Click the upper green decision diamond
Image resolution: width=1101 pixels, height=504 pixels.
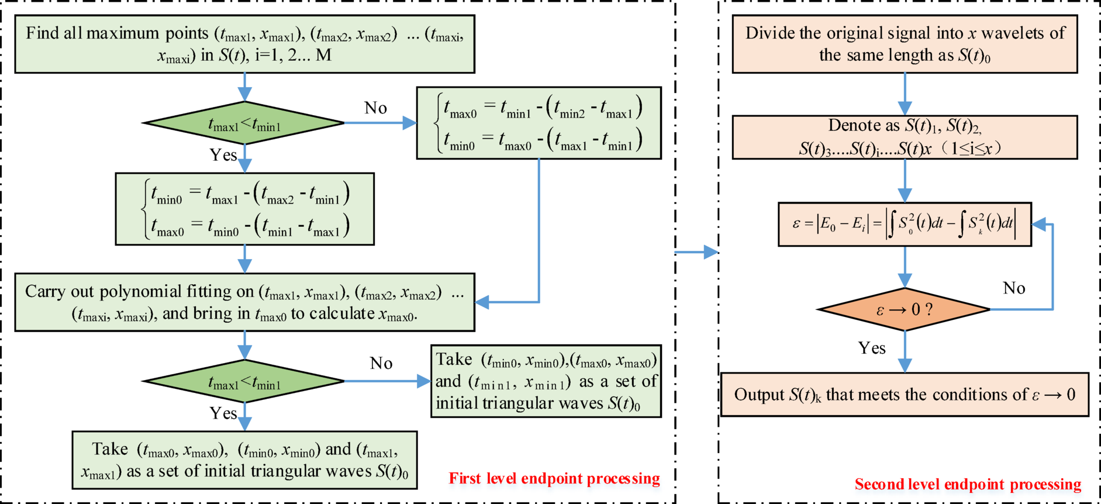coord(244,123)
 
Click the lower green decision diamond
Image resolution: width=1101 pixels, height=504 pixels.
coord(244,382)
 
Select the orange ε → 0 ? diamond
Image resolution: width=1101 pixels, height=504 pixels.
coord(904,309)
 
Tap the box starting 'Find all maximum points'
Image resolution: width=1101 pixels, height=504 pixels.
coord(244,44)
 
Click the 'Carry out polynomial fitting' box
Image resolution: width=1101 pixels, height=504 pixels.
coord(244,302)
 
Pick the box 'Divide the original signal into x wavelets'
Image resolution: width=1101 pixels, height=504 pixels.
coord(904,44)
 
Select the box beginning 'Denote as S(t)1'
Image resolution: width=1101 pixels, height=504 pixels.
coord(904,137)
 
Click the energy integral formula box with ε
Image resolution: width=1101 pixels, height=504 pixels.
coord(904,224)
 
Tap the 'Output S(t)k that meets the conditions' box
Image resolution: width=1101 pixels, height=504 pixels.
coord(904,395)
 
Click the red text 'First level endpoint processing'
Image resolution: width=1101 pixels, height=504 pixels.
coord(554,478)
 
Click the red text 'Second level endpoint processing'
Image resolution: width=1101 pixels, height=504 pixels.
coord(968,484)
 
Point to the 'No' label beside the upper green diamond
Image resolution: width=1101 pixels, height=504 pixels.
coord(375,108)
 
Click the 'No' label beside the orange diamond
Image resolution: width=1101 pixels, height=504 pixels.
coord(1014,288)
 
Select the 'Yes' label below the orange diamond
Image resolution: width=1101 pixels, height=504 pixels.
coord(871,348)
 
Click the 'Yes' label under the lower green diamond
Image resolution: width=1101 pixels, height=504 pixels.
coord(223,413)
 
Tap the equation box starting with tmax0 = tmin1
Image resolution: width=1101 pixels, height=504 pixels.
coord(539,123)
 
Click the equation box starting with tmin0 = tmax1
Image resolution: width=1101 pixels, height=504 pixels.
coord(244,209)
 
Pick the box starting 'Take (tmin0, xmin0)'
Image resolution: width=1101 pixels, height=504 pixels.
coord(546,381)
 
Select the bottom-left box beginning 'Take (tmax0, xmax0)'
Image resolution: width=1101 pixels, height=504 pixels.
coord(244,460)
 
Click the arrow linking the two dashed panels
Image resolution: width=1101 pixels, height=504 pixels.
coord(696,253)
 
